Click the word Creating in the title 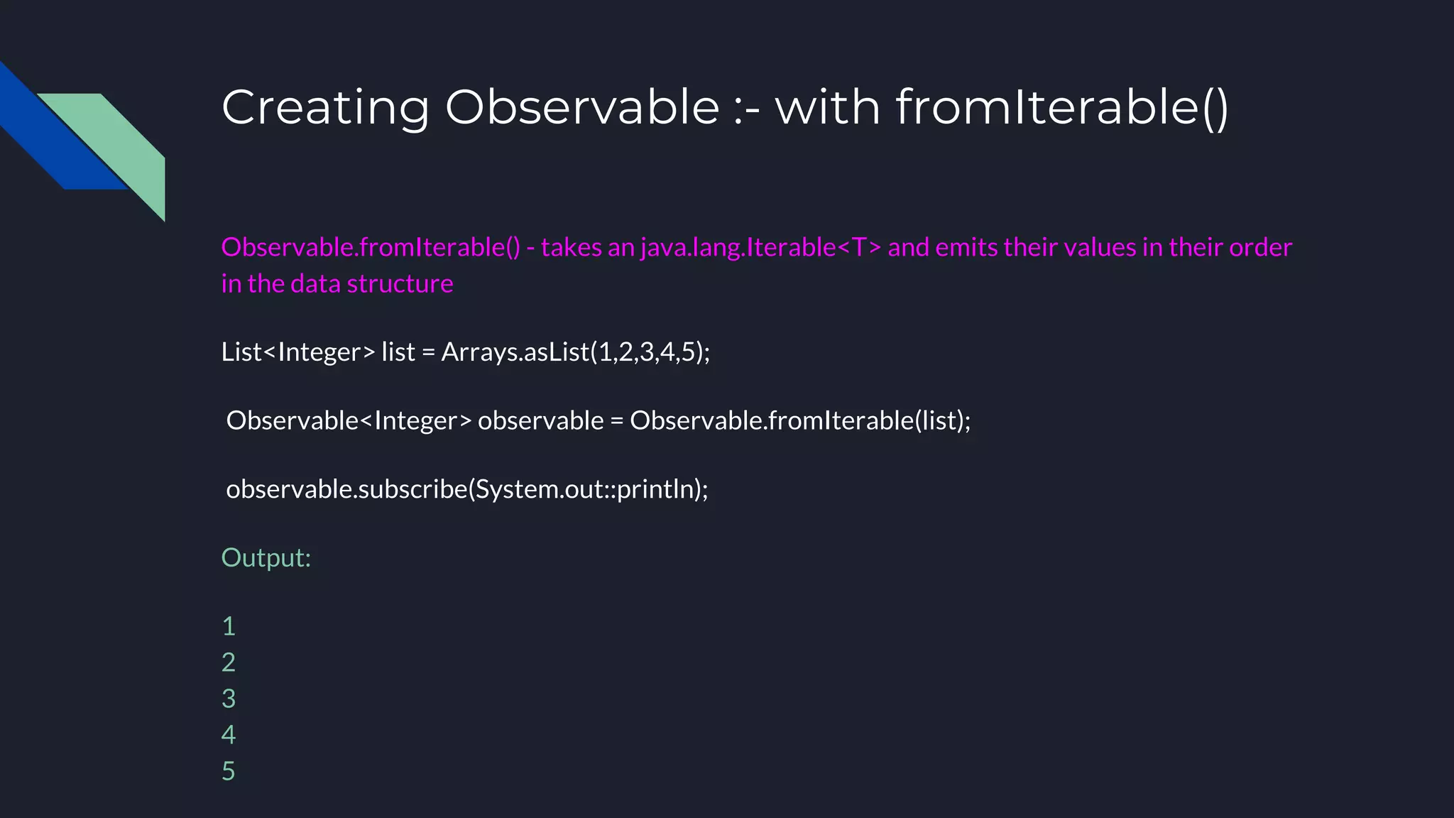pos(325,108)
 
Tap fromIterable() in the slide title pos(1061,108)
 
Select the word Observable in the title pos(582,108)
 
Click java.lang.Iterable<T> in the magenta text pos(760,247)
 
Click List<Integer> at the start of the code pos(297,352)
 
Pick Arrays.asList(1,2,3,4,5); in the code pos(575,352)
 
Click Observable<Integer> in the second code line pos(349,420)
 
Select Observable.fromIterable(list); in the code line pos(800,420)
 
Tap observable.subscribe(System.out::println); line pos(466,489)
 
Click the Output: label pos(266,558)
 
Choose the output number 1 pos(229,626)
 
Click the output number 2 pos(229,662)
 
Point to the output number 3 pos(229,699)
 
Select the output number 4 pos(229,735)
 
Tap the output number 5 pos(229,771)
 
